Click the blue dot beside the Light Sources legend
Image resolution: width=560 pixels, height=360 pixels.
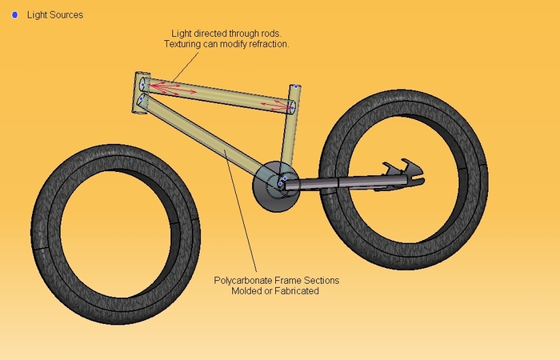click(15, 15)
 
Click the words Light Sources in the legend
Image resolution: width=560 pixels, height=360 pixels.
click(55, 15)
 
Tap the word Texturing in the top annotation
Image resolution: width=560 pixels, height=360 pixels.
click(187, 44)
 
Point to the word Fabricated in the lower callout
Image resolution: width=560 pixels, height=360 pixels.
click(295, 291)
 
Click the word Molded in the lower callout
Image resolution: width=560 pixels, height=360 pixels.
click(246, 291)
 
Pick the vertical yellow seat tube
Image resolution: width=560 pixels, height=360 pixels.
click(289, 136)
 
